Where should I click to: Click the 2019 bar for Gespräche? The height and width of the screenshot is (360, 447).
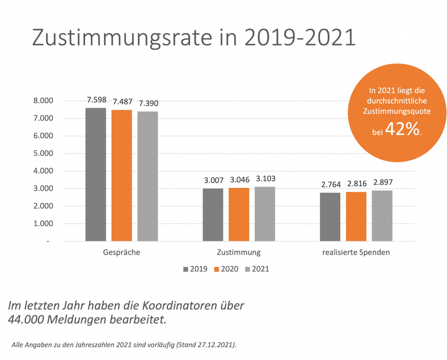[x=95, y=174]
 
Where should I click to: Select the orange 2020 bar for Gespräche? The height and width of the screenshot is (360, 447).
[x=122, y=175]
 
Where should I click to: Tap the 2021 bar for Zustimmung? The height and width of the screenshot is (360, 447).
[x=265, y=214]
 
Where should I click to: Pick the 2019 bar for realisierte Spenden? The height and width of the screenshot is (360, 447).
[x=330, y=217]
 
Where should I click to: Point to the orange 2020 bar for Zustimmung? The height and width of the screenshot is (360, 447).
[x=239, y=214]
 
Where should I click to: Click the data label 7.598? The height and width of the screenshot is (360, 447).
[x=96, y=100]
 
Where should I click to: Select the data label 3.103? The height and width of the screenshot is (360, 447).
[x=265, y=179]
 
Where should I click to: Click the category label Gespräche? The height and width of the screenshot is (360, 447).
[x=122, y=252]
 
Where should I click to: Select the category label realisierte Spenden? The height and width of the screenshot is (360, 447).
[x=356, y=252]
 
